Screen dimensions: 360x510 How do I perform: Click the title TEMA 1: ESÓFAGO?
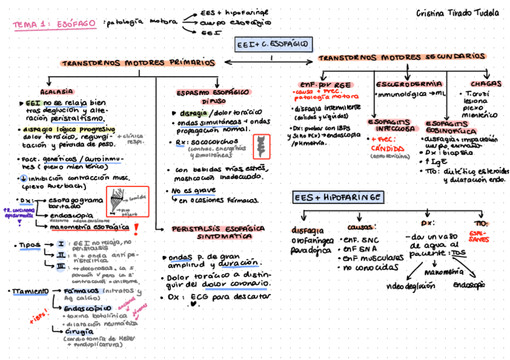(55, 23)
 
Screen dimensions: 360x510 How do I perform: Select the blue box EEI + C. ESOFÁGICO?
(272, 44)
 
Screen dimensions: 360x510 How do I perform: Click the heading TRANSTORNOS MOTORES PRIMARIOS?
(138, 63)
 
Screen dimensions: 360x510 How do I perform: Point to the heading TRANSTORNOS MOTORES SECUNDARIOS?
(401, 57)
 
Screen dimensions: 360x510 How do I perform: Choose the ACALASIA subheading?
(57, 92)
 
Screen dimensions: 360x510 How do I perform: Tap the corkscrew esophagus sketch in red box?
(261, 146)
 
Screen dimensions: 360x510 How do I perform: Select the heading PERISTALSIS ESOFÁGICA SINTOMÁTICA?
(218, 233)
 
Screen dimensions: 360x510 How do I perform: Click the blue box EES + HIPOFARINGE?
(339, 198)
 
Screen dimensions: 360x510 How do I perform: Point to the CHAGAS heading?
(483, 84)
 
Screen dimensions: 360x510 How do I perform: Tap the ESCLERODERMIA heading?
(410, 84)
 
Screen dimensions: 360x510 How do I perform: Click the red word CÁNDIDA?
(387, 147)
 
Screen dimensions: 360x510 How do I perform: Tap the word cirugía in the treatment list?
(79, 331)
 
